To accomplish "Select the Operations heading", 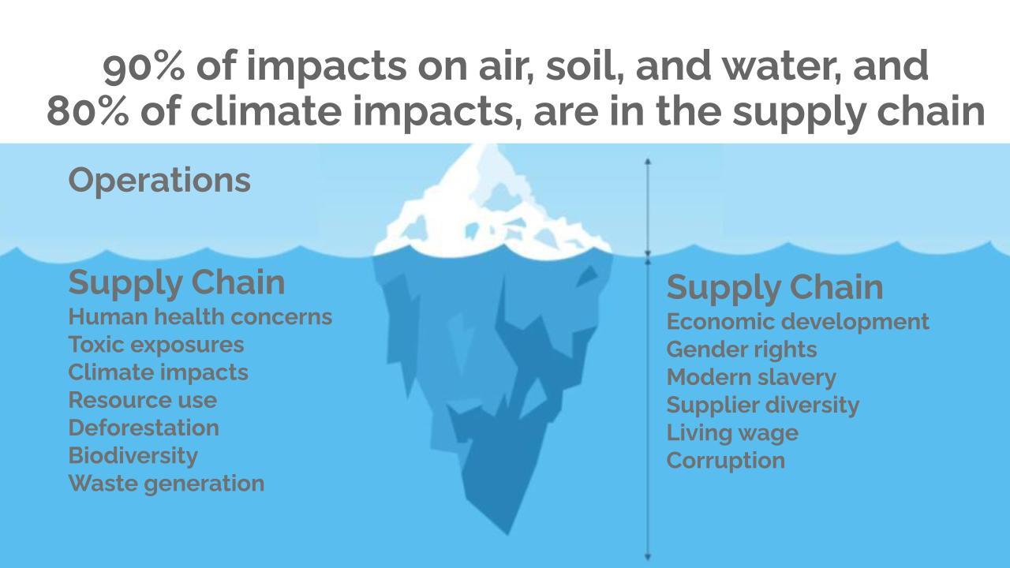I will (x=159, y=180).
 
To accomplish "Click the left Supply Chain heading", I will (x=177, y=282).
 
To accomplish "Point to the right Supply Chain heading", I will (x=775, y=287).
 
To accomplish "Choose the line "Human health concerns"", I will (x=200, y=317).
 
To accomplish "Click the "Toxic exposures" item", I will (x=156, y=345).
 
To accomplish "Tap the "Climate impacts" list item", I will (x=158, y=372).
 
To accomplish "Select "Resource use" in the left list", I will (x=142, y=400).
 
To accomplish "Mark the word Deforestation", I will (x=144, y=428).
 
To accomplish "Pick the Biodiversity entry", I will (x=133, y=455).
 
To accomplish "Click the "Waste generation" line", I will (x=166, y=483).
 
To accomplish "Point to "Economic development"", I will (x=798, y=322).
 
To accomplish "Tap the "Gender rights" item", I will (x=742, y=349).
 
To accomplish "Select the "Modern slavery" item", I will (x=751, y=377).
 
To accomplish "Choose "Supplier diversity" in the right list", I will (x=763, y=405).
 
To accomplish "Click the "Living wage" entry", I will (x=732, y=432).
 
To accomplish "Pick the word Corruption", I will (x=726, y=460).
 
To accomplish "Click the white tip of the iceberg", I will (x=489, y=205).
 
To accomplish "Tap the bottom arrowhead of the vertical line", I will (x=648, y=557).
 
